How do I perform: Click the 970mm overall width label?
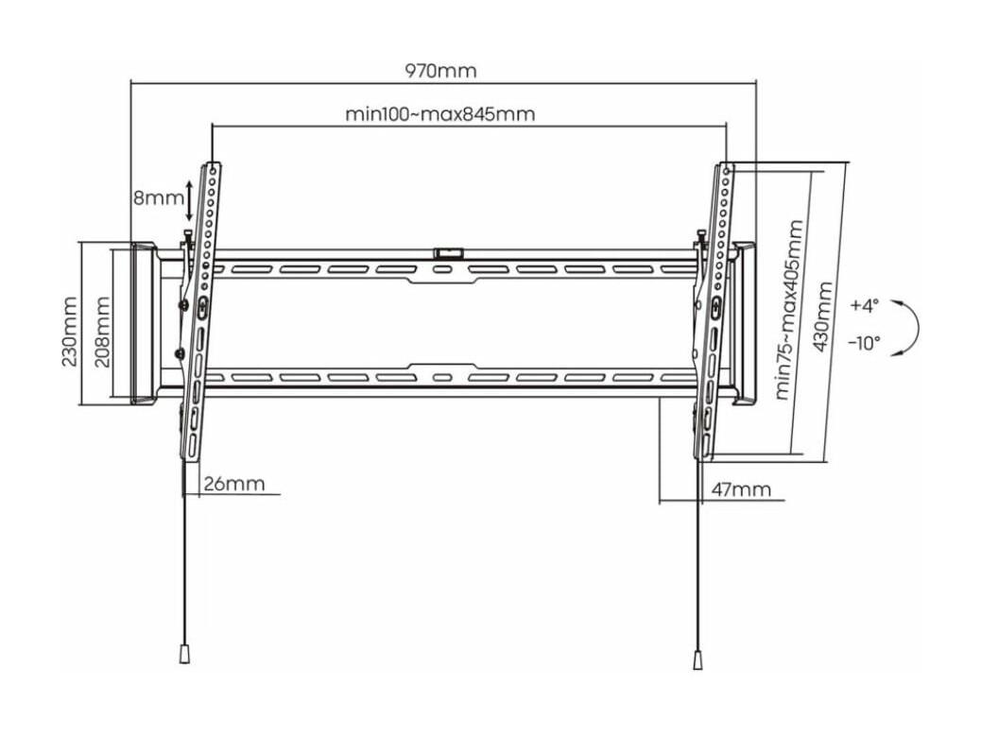pos(440,71)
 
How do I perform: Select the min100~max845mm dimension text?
pos(440,114)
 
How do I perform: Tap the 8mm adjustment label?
pos(158,198)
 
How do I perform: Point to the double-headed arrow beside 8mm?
pos(190,199)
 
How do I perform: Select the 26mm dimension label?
pos(234,484)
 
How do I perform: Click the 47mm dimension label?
pos(741,489)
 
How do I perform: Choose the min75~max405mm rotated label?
pos(789,310)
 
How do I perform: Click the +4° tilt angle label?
pos(865,305)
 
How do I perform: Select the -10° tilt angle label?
pos(864,343)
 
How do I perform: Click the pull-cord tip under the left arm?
pos(184,655)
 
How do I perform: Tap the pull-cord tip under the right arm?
pos(697,660)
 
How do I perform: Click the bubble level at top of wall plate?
pos(449,252)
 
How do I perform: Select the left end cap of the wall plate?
pos(144,323)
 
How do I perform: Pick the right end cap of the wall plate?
pos(744,323)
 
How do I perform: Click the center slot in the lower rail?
pos(441,378)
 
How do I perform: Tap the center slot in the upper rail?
pos(441,270)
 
